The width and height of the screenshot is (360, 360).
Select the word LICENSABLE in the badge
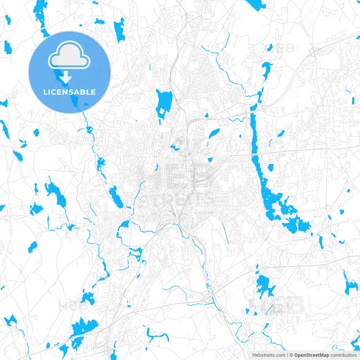[x=70, y=91]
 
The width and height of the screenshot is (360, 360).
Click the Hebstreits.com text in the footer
[x=267, y=354]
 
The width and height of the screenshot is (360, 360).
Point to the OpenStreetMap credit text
[x=311, y=354]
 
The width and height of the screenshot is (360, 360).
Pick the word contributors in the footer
[x=342, y=354]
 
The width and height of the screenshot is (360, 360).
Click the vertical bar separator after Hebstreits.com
[x=285, y=354]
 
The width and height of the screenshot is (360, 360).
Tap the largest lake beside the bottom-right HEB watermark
[x=265, y=285]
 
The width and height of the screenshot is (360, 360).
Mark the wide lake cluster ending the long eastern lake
[x=284, y=209]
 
